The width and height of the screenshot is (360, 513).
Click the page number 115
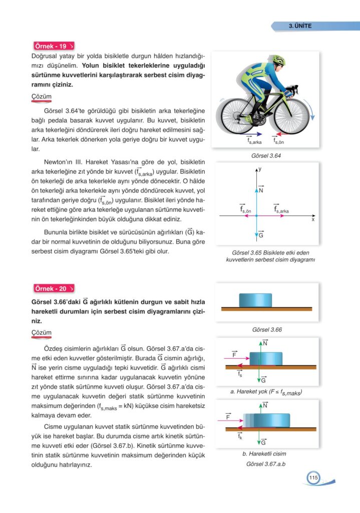[313, 477]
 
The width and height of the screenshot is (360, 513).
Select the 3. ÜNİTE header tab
[300, 26]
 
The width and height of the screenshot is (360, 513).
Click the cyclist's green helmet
[278, 61]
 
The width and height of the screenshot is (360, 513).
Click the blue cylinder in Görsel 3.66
[255, 300]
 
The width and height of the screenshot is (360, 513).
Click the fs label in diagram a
[240, 374]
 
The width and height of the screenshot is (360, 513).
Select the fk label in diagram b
[240, 436]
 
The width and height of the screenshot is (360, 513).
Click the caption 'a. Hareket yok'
[266, 392]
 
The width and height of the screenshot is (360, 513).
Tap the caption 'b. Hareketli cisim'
[264, 454]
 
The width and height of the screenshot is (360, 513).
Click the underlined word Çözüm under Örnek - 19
[41, 97]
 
